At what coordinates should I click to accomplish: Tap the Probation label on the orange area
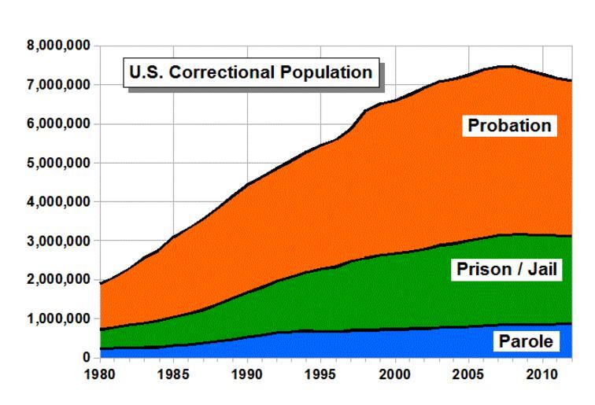click(x=509, y=126)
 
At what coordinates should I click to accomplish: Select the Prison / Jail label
click(x=507, y=271)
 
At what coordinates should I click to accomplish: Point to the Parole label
click(x=523, y=342)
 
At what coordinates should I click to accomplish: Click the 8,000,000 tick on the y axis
click(x=57, y=46)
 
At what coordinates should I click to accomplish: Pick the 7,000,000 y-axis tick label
click(x=57, y=85)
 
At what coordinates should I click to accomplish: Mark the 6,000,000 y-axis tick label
click(x=57, y=124)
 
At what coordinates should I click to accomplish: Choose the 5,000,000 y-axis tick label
click(x=57, y=163)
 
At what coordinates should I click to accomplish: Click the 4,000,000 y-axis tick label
click(x=57, y=202)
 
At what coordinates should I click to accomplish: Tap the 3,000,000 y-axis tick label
click(x=57, y=241)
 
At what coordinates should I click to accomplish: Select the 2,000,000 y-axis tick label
click(x=57, y=280)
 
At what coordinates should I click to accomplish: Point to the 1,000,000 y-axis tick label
click(x=57, y=318)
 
